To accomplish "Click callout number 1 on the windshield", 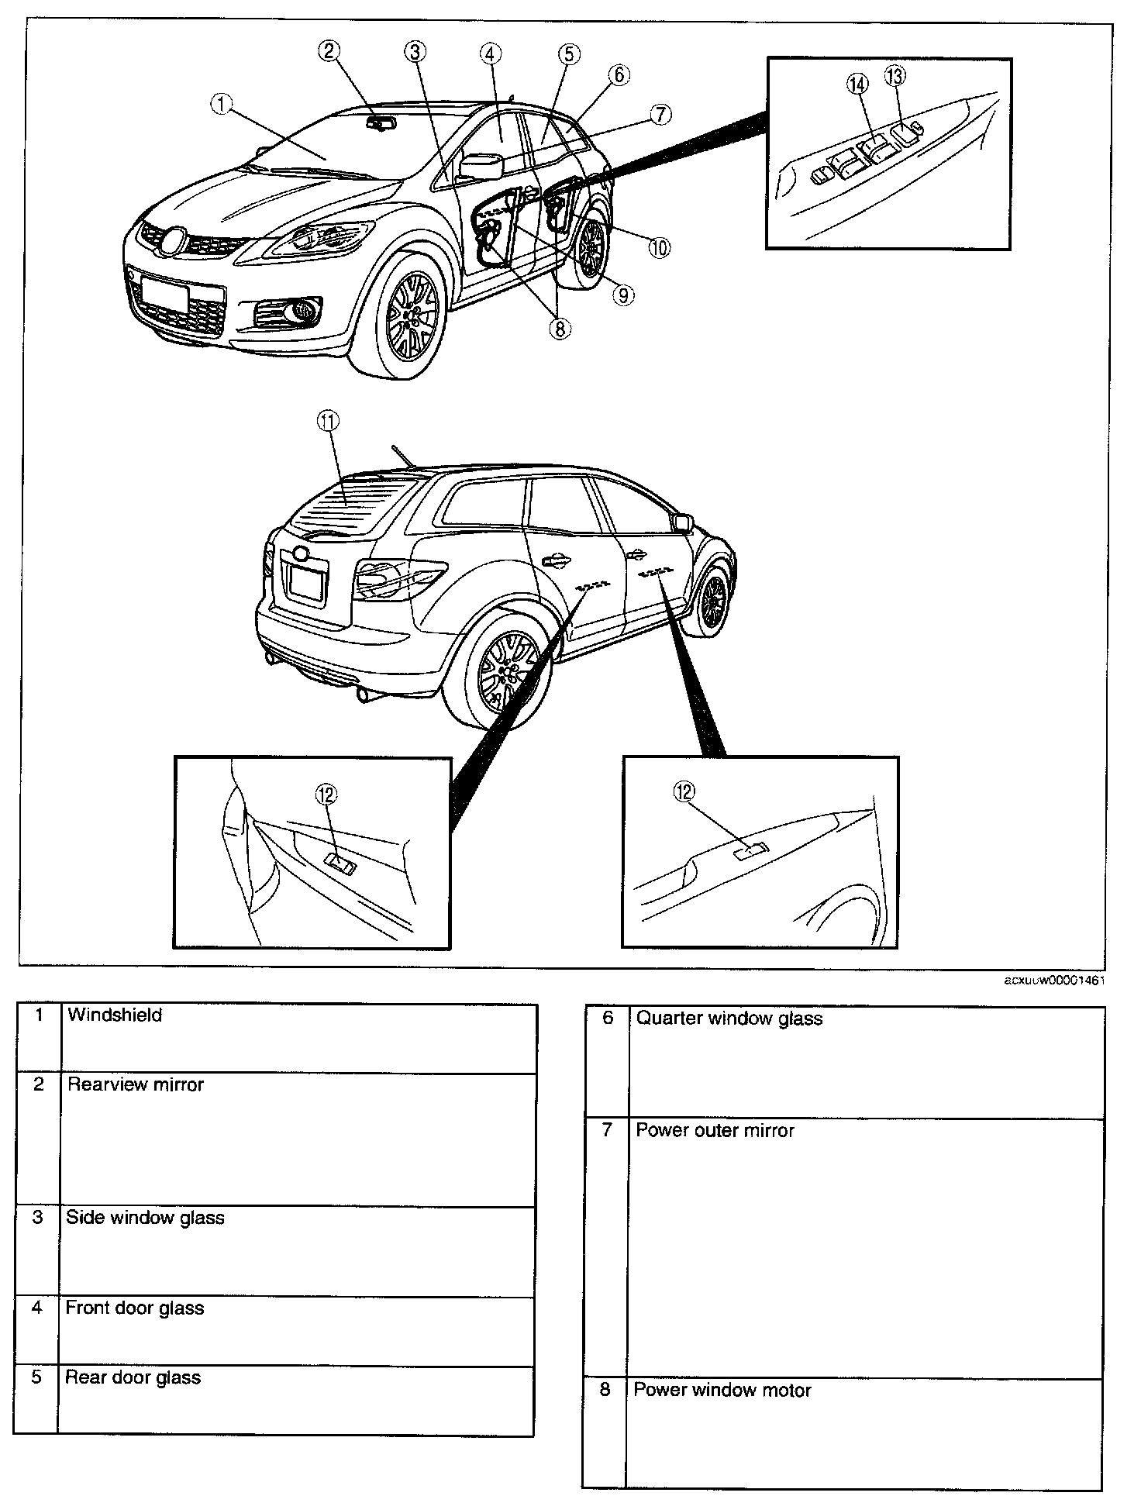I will coord(222,104).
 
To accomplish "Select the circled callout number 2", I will coord(329,51).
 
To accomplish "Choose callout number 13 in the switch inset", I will coord(894,76).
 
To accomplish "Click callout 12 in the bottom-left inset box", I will coord(326,794).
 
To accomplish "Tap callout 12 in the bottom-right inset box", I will coord(684,791).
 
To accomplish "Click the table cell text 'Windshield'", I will coord(115,1015).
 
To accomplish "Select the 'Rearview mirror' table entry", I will coord(135,1084).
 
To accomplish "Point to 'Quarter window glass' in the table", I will coord(729,1018).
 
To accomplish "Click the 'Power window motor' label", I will coord(722,1390).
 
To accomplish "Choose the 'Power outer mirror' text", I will coord(715,1130).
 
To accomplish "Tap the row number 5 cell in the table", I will coord(36,1377).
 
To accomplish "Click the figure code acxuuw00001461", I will coord(1054,980).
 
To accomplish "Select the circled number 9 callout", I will coord(623,295).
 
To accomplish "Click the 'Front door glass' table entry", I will coord(134,1308).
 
